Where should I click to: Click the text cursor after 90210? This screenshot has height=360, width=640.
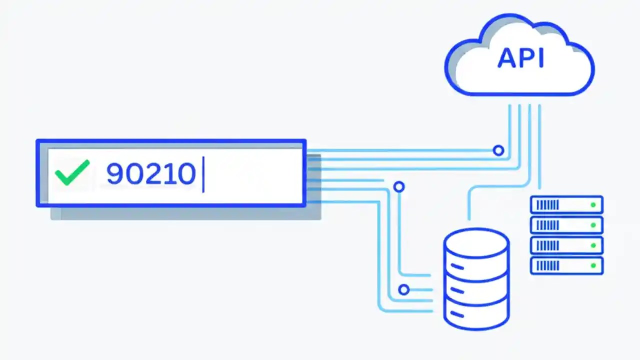coord(203,174)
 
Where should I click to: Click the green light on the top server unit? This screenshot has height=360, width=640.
coord(593,205)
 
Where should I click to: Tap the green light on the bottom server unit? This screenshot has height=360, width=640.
coord(593,265)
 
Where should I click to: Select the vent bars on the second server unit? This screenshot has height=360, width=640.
coord(547,225)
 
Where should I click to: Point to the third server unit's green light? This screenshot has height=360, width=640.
coord(593,245)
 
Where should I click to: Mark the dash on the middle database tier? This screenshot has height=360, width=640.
coord(457,290)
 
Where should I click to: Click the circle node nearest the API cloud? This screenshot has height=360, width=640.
coord(498,150)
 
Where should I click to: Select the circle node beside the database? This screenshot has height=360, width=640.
coord(403,289)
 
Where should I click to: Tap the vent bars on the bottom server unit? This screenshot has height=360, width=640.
coord(547,265)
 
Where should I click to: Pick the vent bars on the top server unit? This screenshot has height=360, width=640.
coord(547,205)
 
